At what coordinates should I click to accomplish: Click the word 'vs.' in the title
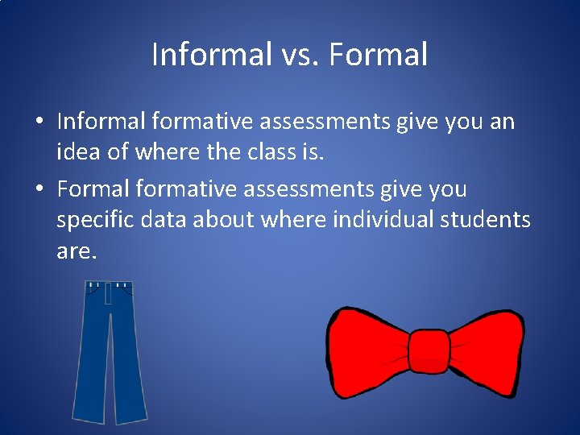(x=302, y=55)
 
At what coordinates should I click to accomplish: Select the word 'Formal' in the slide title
(x=379, y=55)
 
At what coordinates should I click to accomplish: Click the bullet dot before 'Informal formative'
(x=39, y=122)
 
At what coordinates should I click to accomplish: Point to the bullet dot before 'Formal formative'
(x=39, y=190)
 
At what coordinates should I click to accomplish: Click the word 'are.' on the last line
(x=77, y=251)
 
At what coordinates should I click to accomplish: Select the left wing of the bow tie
(x=367, y=352)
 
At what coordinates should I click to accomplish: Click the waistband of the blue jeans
(x=110, y=286)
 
